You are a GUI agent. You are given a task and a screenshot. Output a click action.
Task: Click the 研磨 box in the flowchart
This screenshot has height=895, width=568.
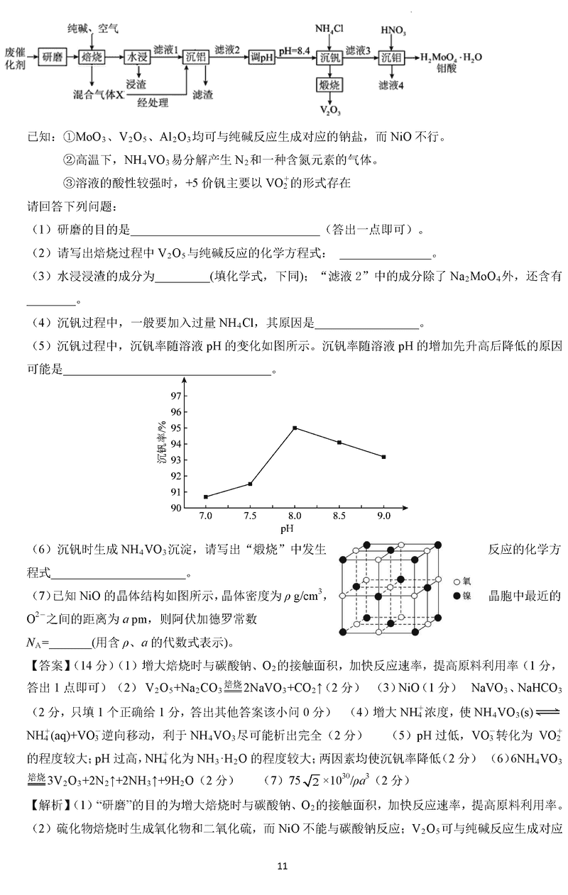53,57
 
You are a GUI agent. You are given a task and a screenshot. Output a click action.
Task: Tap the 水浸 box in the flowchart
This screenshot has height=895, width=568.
137,57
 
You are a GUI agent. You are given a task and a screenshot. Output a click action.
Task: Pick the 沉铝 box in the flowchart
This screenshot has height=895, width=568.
196,57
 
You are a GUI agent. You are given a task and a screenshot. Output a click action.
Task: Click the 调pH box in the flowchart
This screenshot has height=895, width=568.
262,57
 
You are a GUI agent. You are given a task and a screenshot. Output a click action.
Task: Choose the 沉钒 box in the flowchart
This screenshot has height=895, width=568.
330,57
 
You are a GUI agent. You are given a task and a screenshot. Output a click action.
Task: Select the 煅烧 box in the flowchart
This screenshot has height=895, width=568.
330,85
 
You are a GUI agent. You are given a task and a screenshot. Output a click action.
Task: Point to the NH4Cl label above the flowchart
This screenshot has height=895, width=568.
329,29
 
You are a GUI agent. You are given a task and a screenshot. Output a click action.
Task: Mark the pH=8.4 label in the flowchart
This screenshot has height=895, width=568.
295,51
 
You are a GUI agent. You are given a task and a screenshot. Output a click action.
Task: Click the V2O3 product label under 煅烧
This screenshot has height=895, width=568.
329,111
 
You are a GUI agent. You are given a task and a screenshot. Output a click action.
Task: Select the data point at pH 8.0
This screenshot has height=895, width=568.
295,428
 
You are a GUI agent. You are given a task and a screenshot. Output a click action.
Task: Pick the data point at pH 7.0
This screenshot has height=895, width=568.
206,496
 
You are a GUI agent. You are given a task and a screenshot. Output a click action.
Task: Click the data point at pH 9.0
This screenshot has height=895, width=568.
383,457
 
